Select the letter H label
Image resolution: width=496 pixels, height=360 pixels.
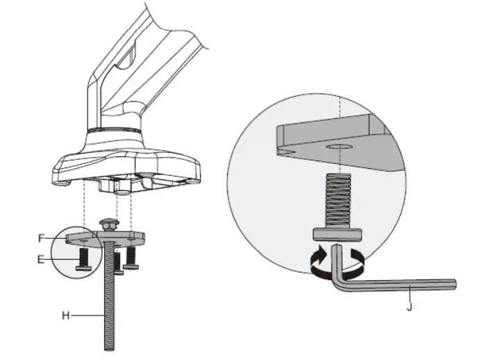[65, 316]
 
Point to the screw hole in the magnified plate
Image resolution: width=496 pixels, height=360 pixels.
[339, 148]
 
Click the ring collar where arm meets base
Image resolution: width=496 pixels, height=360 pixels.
[115, 129]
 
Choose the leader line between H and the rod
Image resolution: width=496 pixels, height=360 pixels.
[86, 316]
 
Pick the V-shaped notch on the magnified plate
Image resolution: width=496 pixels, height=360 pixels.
[286, 150]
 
